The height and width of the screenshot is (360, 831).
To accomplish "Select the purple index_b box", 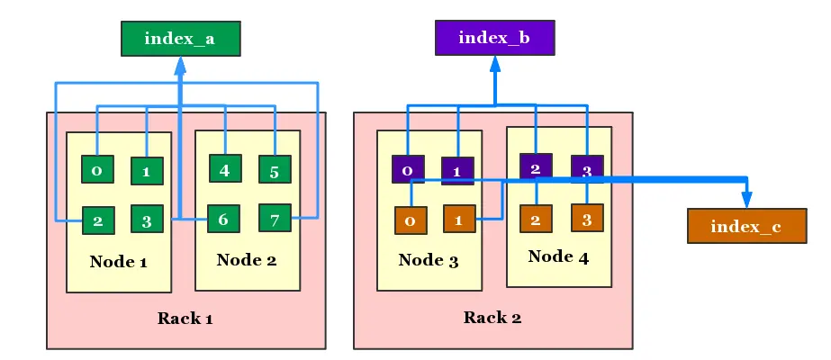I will (x=494, y=38).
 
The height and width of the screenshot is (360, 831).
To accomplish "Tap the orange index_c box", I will (x=745, y=226).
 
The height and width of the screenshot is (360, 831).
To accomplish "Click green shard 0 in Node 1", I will (x=96, y=169).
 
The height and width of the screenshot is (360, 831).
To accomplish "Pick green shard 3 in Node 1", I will (x=146, y=219).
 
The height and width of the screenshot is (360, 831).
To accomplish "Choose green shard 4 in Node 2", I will (x=224, y=168).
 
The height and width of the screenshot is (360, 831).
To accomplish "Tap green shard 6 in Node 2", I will (x=224, y=219).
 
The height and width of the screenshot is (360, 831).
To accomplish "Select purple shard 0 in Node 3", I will (x=408, y=169).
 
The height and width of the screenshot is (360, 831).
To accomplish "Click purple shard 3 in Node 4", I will (x=587, y=168).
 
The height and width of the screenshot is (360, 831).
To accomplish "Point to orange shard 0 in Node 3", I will (x=411, y=220).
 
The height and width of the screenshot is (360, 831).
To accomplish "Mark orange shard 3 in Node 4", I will (x=587, y=218).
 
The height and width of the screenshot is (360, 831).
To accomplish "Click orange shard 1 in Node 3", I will (x=459, y=219).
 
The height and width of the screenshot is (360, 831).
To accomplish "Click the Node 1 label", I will (x=118, y=262).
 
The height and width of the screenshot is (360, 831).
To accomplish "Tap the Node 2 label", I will (x=246, y=260).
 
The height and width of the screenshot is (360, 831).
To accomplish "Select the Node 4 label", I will (x=558, y=256).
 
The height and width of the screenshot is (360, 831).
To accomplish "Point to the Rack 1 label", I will (x=185, y=318).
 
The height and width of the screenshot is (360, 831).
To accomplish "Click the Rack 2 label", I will (x=492, y=317).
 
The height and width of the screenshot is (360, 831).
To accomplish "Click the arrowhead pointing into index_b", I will (x=494, y=63).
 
